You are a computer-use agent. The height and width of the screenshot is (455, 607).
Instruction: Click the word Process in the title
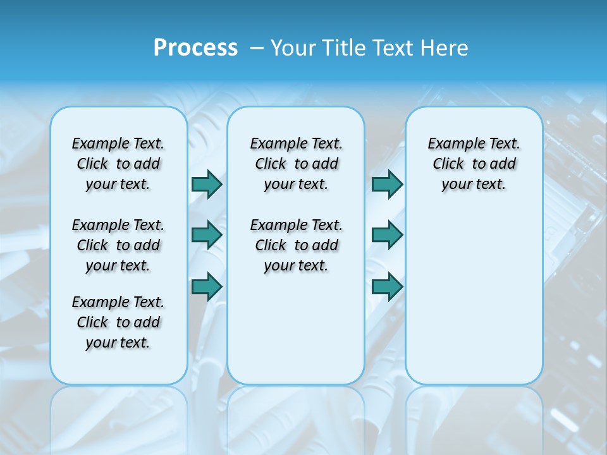[195, 48]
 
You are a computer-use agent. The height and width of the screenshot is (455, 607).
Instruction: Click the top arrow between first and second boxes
[207, 184]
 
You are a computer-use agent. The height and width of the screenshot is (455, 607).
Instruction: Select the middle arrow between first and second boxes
[207, 235]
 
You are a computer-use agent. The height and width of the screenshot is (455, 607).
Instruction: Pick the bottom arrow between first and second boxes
[207, 287]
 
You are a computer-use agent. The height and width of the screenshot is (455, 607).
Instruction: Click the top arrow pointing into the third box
[387, 184]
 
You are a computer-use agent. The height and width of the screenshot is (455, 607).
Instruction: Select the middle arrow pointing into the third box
[387, 235]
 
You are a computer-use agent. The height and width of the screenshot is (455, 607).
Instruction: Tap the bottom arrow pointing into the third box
[387, 287]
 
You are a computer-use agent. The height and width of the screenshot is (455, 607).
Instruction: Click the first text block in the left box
[118, 164]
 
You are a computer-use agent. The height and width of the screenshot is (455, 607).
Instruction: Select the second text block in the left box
[118, 245]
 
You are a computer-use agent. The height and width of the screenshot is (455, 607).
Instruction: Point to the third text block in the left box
[118, 322]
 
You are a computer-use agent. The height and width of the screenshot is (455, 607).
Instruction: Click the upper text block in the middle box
[296, 164]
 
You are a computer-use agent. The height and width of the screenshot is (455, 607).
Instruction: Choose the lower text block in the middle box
[296, 245]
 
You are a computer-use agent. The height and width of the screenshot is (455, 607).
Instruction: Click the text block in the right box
[474, 164]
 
